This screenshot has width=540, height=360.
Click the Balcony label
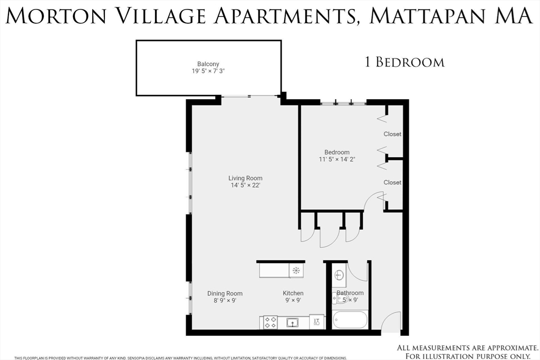[x=208, y=64]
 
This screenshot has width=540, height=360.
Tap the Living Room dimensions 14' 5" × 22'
[x=245, y=185]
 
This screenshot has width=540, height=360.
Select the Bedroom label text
[x=337, y=152]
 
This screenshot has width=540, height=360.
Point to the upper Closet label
[x=392, y=134]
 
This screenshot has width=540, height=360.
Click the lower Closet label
[x=392, y=182]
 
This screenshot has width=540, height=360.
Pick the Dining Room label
[x=225, y=294]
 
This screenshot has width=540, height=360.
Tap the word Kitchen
[x=293, y=294]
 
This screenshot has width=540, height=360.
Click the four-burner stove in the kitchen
[x=271, y=322]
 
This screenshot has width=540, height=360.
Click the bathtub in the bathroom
[x=350, y=320]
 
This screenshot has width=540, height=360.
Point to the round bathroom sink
[x=339, y=275]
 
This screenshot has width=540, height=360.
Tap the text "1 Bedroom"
[x=404, y=62]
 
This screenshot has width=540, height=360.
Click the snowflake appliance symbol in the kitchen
[x=296, y=270]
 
